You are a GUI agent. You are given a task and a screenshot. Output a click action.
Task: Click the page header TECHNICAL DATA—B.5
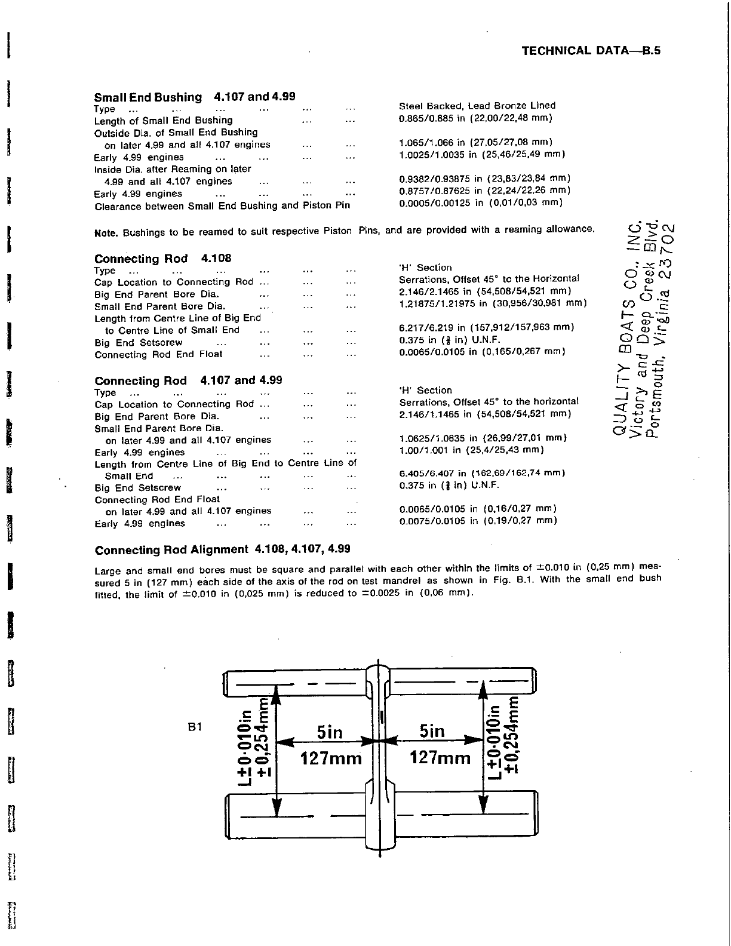591,51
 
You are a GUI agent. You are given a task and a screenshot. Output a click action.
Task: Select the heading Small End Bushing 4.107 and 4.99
195,97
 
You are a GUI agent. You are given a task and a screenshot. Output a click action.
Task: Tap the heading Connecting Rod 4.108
162,259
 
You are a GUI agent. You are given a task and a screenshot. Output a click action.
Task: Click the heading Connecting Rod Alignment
171,549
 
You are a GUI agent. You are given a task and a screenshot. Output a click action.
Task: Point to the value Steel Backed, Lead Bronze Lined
477,106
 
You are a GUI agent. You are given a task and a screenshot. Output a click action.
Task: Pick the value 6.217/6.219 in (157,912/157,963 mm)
486,327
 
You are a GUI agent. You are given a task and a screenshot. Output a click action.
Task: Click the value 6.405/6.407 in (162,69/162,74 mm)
482,473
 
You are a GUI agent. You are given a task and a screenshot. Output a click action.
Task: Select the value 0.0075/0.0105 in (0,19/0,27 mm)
478,520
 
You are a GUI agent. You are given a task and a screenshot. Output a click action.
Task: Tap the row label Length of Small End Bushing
163,120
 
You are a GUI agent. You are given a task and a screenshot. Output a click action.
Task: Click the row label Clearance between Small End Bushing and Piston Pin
222,206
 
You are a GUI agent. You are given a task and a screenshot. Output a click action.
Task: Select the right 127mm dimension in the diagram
440,758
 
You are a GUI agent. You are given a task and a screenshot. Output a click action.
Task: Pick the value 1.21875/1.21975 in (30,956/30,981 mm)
493,303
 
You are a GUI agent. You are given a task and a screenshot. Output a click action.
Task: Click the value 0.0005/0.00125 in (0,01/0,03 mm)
481,202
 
